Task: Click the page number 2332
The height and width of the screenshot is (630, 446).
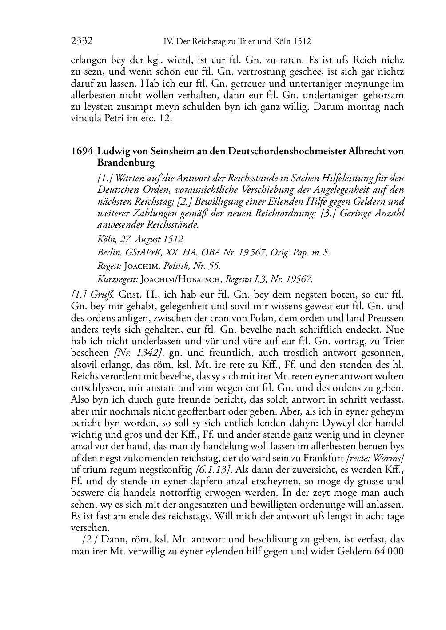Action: (82, 42)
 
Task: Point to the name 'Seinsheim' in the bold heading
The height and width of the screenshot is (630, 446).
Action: (171, 151)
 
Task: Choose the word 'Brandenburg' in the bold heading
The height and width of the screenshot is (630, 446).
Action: (126, 163)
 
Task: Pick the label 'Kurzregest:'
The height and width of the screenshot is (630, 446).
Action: (117, 279)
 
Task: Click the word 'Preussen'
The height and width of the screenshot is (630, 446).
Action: (386, 318)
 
